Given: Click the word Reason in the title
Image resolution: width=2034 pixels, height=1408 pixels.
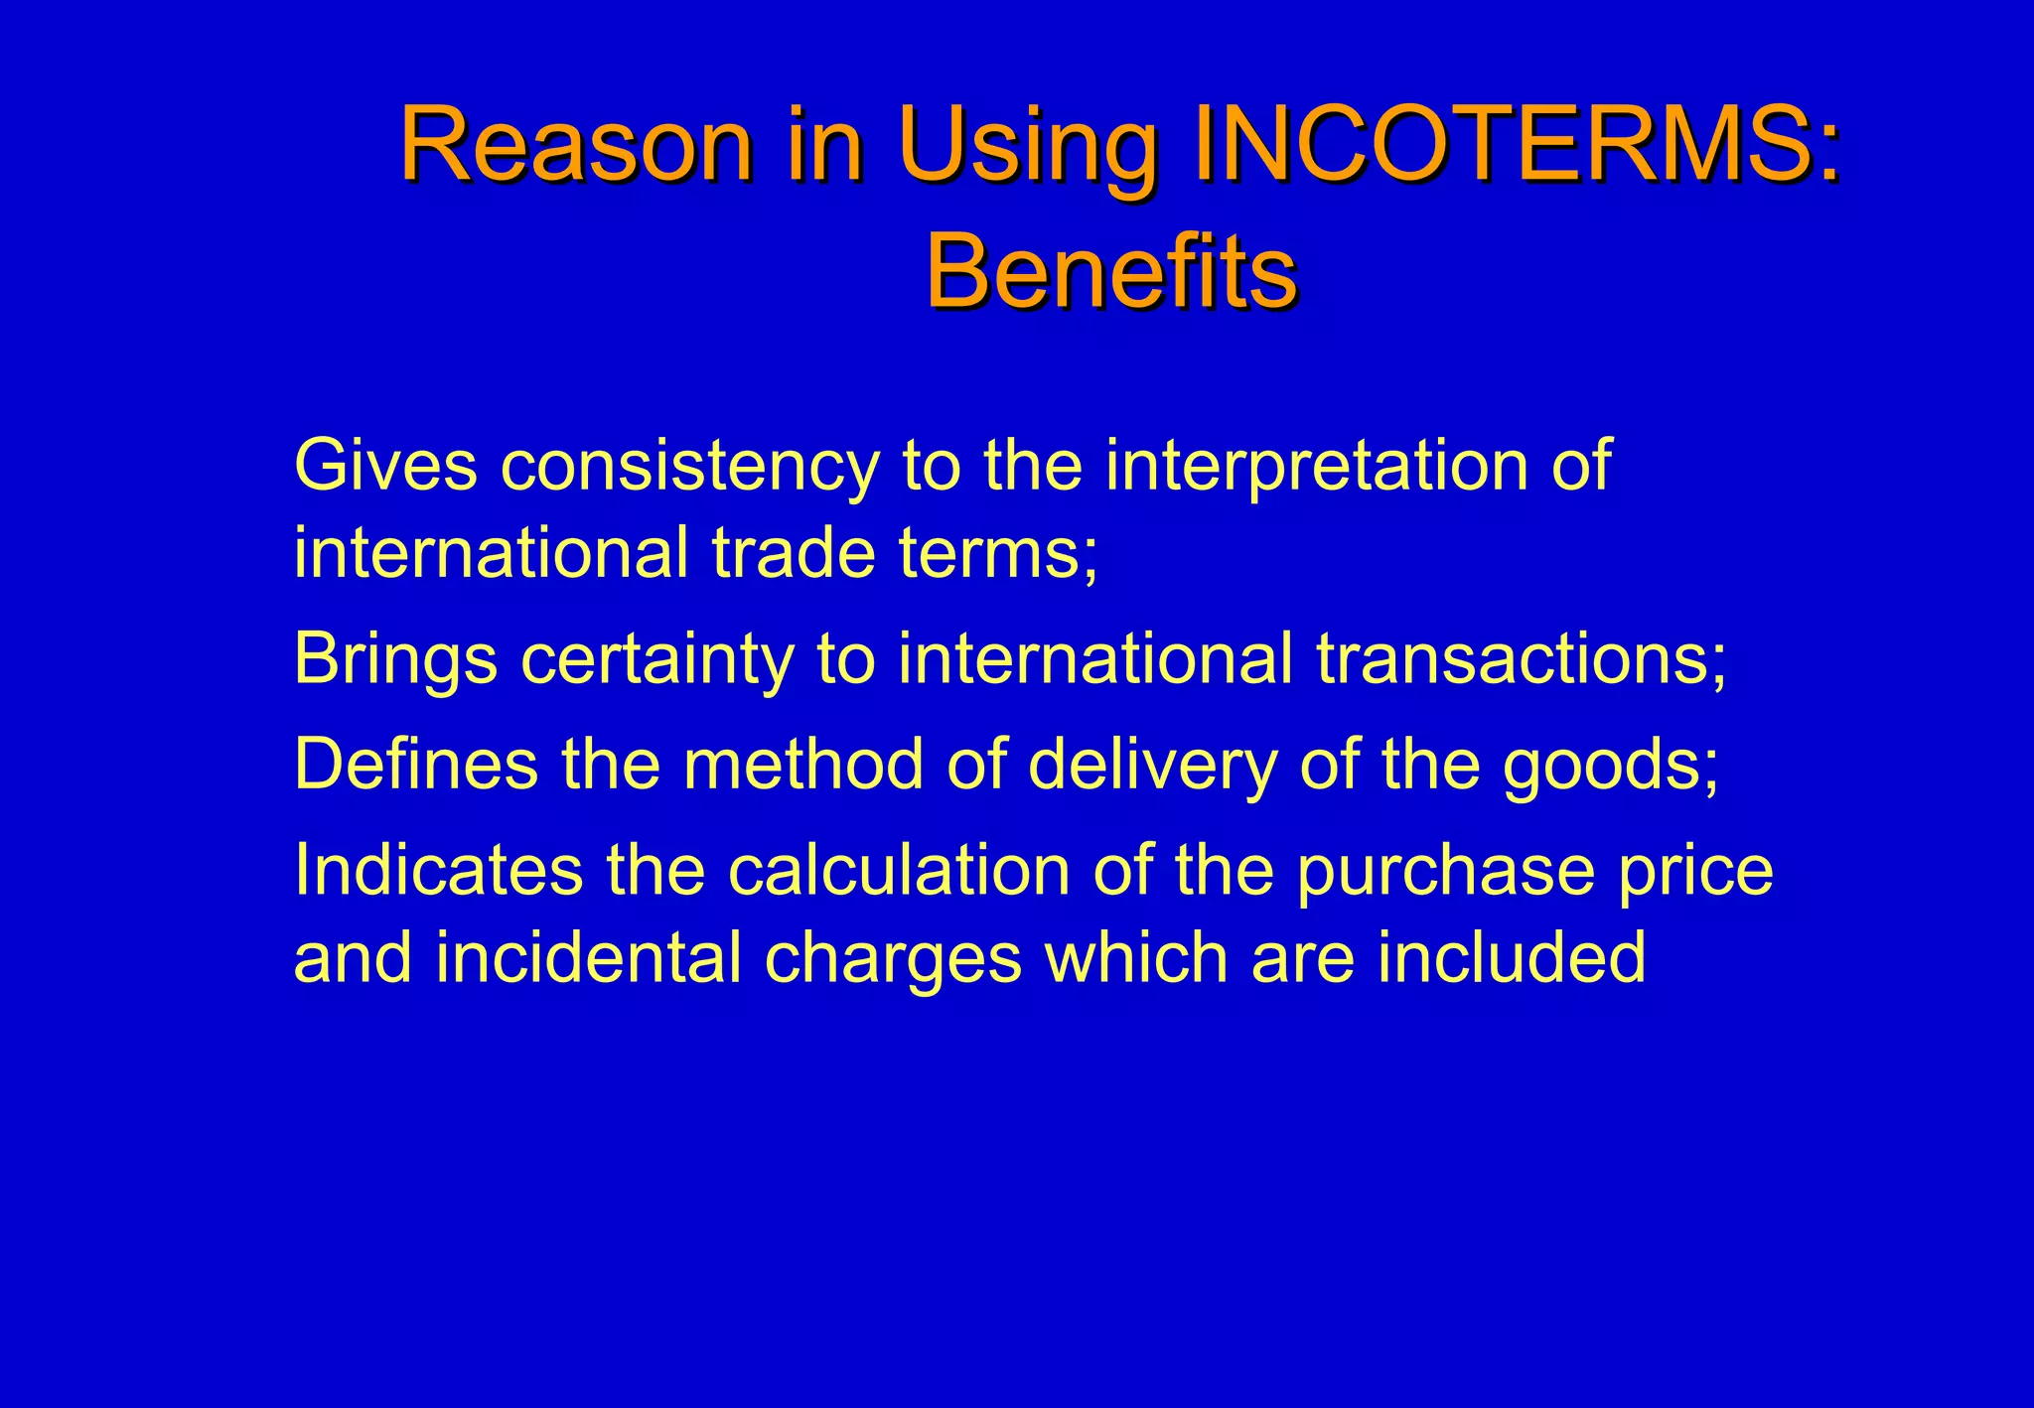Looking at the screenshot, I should tap(576, 146).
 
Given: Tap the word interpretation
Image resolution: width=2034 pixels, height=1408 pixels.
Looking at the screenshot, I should tap(1316, 466).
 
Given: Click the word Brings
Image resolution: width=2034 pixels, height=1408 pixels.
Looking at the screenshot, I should tap(395, 661).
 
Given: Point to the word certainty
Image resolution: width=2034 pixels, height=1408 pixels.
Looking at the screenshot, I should tap(656, 659).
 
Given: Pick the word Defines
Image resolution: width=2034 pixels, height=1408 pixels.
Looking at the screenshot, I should tap(415, 764).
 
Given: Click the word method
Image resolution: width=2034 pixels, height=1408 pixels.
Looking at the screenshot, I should tap(802, 764).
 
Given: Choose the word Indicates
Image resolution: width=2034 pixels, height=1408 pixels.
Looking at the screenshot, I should tap(438, 869).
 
